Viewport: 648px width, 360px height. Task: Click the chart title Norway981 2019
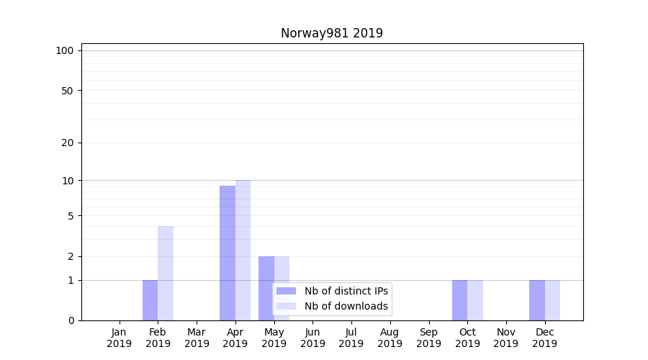coord(331,33)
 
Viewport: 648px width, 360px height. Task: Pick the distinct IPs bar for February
coord(150,300)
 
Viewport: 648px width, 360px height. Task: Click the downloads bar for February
coord(166,273)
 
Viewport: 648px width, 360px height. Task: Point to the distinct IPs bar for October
coord(459,300)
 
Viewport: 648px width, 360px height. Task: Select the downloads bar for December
coord(552,300)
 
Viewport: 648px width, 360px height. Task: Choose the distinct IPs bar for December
coord(537,300)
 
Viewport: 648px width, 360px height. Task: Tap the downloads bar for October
coord(475,300)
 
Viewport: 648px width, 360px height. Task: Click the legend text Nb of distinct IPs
coord(346,291)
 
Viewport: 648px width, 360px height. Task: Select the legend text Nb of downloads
coord(346,306)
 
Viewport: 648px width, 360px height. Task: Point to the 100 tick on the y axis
coord(65,50)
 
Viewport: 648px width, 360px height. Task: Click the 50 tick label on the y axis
coord(67,91)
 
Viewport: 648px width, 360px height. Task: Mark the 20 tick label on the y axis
coord(67,143)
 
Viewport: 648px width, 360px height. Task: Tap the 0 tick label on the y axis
coord(71,320)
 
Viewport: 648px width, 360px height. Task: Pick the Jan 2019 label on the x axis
coord(120,338)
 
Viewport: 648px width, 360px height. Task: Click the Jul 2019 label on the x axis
coord(351,338)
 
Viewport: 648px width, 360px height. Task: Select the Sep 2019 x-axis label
coord(428,338)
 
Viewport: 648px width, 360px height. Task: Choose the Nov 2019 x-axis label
coord(506,338)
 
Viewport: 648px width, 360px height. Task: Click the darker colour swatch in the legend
coord(287,291)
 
